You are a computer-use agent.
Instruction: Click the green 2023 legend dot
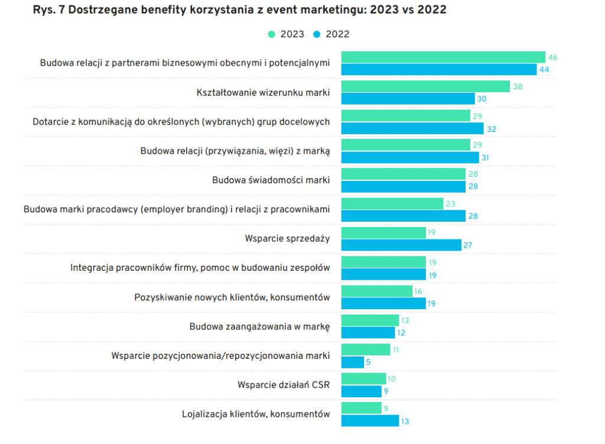tap(272, 34)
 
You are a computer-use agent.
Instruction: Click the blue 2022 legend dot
tap(317, 34)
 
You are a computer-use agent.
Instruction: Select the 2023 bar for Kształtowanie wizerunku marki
tap(425, 86)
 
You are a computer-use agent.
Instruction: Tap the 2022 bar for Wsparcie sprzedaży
tap(401, 245)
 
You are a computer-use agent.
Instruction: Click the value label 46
tap(553, 57)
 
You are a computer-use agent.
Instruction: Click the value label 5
tap(369, 362)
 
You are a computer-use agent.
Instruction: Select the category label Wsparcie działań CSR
tap(284, 385)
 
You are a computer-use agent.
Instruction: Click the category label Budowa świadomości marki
tap(271, 180)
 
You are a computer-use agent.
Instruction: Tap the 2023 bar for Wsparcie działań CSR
tap(363, 379)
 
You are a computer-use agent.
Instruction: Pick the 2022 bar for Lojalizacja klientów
tap(370, 420)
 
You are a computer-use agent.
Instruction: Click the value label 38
tap(518, 86)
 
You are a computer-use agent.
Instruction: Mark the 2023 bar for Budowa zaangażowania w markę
tap(370, 320)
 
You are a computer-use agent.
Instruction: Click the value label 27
tap(468, 245)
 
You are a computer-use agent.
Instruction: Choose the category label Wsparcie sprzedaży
tap(287, 238)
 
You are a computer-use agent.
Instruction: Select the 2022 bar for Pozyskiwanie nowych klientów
tap(383, 303)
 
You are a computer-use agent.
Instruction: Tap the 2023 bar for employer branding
tap(392, 203)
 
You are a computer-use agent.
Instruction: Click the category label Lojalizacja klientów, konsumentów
tap(256, 414)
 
